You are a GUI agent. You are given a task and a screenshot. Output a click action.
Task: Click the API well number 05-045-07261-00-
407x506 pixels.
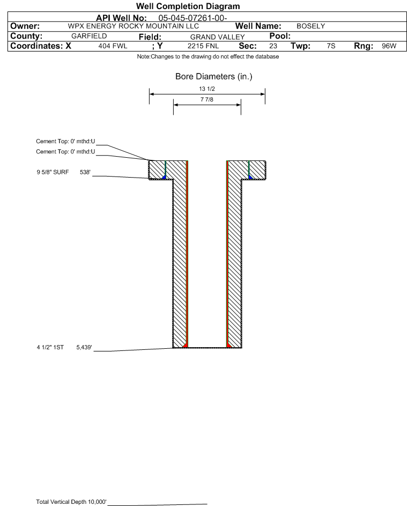point(193,18)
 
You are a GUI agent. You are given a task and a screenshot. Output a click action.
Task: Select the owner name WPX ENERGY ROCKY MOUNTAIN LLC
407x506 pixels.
point(133,26)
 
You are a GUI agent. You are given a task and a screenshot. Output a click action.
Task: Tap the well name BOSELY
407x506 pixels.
point(310,26)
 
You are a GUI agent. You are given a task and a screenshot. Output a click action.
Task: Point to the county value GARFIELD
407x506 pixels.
point(89,36)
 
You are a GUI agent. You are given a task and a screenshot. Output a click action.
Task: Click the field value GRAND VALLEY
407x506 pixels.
point(217,37)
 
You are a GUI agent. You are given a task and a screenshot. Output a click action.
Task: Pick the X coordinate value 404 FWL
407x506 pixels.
point(113,46)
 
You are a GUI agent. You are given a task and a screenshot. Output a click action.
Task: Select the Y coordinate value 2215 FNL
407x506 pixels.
point(203,46)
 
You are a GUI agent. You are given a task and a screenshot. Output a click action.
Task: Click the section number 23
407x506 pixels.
point(273,46)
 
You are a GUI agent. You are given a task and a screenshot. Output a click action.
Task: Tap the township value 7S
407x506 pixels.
point(331,46)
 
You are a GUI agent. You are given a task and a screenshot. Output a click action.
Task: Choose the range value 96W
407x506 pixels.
point(389,46)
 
